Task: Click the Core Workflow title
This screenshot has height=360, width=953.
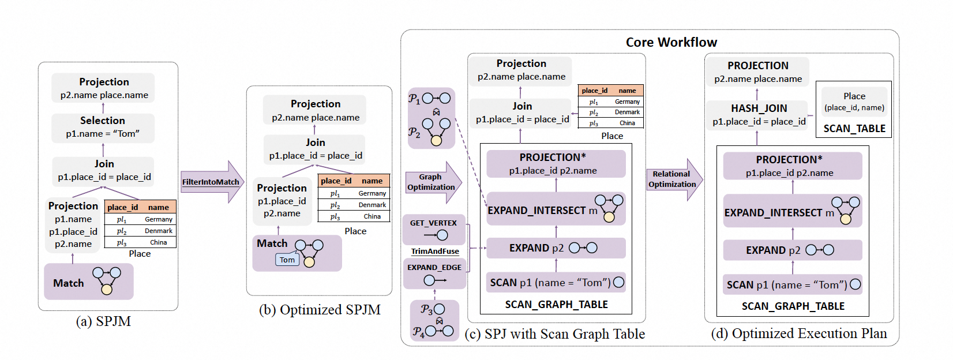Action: [x=671, y=42]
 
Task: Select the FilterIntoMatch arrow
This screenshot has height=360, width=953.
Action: [x=211, y=182]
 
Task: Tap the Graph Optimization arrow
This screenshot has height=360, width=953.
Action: [x=432, y=182]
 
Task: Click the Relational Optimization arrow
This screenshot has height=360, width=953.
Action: [x=673, y=179]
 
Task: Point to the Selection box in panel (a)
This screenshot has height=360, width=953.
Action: [x=103, y=127]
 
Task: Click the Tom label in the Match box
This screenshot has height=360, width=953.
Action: [x=287, y=260]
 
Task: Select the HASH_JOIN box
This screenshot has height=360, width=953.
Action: [x=759, y=114]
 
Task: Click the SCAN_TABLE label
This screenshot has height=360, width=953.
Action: [x=854, y=129]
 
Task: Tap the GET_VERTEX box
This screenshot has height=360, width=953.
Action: [x=434, y=229]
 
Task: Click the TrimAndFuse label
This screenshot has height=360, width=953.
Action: [x=435, y=252]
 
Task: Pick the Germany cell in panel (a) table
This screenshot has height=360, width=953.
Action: [x=158, y=219]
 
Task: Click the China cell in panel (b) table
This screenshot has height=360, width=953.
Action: [x=372, y=216]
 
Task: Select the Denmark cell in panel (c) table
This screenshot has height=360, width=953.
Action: [x=626, y=112]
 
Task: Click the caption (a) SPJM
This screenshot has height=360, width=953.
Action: [x=103, y=321]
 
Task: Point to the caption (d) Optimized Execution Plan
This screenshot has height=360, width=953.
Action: [x=798, y=333]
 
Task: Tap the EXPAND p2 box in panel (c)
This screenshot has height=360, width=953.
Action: [x=556, y=248]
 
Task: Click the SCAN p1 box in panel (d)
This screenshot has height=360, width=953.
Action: [x=792, y=284]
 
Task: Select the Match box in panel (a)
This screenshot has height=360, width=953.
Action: [x=89, y=282]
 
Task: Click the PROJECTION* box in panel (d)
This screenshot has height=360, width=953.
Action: [x=792, y=166]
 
